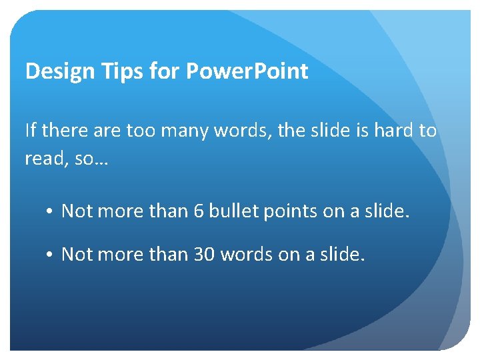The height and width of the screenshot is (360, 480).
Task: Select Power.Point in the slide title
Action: point(247,71)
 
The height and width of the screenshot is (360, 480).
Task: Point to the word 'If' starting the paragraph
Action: point(31,130)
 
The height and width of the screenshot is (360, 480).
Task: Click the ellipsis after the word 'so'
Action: point(99,159)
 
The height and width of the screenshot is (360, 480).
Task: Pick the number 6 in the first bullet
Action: point(198,211)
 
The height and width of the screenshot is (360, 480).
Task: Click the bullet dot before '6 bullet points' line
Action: point(51,212)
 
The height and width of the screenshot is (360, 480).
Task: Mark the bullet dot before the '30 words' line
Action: point(51,255)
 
